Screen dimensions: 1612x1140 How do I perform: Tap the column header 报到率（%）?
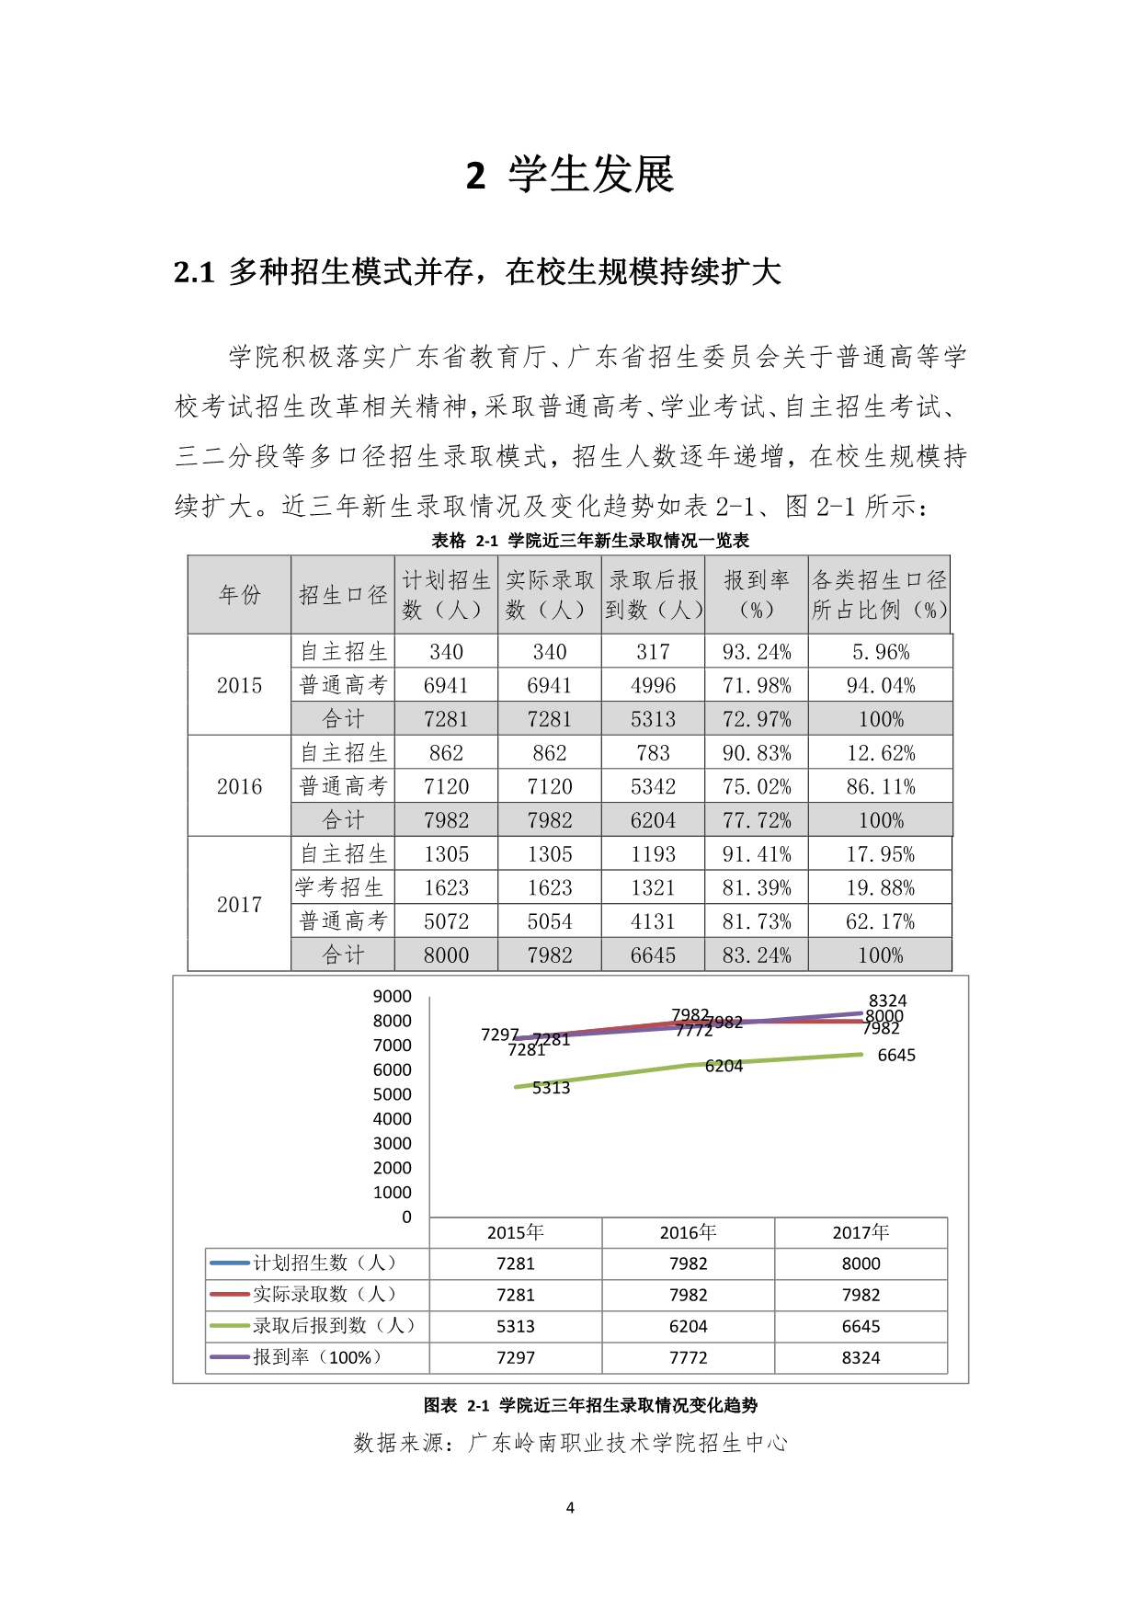756,594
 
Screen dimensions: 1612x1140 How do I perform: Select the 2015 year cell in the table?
239,685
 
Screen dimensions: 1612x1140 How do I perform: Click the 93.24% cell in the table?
756,652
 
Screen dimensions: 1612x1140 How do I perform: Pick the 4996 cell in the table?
653,686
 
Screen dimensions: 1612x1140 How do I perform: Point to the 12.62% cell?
880,753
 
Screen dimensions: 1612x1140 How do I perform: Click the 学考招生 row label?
340,887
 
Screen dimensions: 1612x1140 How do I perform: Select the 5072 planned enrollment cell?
446,921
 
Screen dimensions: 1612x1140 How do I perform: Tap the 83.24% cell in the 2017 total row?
756,955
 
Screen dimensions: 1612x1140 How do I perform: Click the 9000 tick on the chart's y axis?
393,997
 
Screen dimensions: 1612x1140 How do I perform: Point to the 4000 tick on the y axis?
393,1119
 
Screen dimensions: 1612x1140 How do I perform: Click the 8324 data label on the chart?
887,1000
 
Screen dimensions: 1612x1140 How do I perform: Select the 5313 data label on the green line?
551,1088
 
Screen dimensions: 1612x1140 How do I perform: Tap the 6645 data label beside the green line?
896,1056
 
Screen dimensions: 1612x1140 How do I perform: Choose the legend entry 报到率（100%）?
317,1357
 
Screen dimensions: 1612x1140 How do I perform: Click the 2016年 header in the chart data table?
688,1233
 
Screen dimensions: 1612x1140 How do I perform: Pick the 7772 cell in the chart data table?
688,1357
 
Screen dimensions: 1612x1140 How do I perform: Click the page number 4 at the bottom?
570,1507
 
